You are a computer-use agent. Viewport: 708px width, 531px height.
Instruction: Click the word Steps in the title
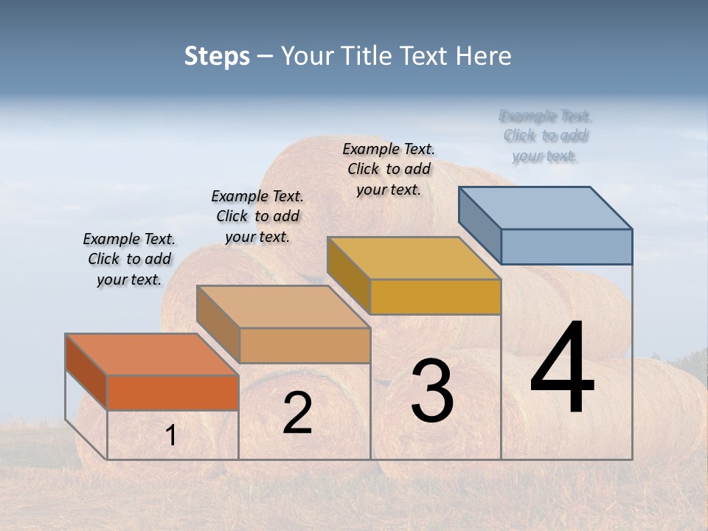[x=217, y=56]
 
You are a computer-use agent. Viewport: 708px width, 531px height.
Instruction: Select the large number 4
[x=562, y=369]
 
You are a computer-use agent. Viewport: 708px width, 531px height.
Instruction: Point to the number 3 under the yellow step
[x=432, y=391]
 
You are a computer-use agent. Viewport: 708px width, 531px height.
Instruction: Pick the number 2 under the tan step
[x=297, y=413]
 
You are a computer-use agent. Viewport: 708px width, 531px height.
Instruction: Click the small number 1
[x=171, y=436]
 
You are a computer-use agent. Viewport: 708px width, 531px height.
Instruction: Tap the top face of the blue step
[x=546, y=207]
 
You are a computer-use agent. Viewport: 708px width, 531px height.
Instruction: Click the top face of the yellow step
[x=414, y=257]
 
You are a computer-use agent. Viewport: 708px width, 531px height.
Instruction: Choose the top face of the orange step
[x=152, y=354]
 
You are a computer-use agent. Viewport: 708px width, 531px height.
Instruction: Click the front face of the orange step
[x=173, y=392]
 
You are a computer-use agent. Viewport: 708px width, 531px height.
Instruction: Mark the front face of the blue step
[x=566, y=246]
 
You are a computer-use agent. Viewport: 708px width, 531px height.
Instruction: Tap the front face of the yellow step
[x=435, y=296]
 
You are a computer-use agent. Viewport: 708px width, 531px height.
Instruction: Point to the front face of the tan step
[x=305, y=345]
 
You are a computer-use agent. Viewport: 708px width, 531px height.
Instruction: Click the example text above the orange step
[x=129, y=259]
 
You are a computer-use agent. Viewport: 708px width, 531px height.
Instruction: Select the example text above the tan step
[x=257, y=216]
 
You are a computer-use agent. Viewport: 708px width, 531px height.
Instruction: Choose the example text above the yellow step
[x=389, y=169]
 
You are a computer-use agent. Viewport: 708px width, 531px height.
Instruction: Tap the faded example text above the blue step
[x=545, y=136]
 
